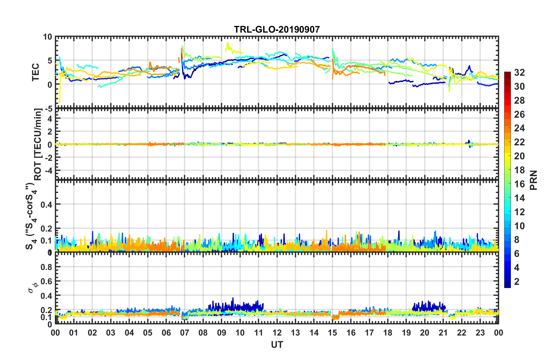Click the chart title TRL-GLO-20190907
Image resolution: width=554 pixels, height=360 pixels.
tap(277, 29)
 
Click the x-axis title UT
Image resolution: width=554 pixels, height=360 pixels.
tap(277, 345)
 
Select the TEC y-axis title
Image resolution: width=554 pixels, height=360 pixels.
tap(36, 72)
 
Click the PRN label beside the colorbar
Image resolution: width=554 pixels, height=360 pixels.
tap(534, 180)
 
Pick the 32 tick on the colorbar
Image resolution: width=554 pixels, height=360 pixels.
tap(519, 73)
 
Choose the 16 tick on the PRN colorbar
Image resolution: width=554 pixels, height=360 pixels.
tap(519, 184)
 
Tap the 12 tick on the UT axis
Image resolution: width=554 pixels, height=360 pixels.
tap(277, 333)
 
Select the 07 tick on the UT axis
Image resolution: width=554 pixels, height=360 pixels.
tap(185, 333)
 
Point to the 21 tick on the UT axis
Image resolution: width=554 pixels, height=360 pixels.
tap(443, 333)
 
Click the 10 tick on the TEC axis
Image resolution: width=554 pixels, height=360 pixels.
tap(47, 37)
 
